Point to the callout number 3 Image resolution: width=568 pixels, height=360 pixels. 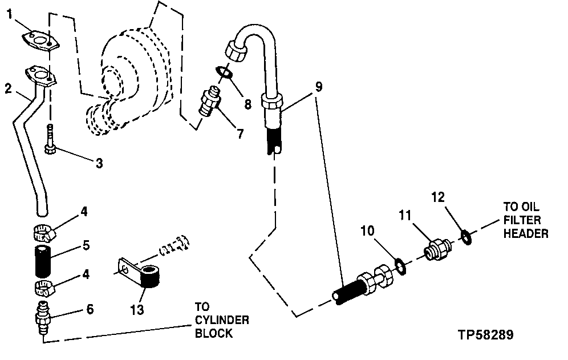(x=99, y=164)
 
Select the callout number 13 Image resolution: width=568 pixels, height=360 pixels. (x=136, y=311)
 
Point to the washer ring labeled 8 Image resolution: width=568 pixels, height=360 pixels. (x=225, y=72)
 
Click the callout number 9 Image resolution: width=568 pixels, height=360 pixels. (x=318, y=87)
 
